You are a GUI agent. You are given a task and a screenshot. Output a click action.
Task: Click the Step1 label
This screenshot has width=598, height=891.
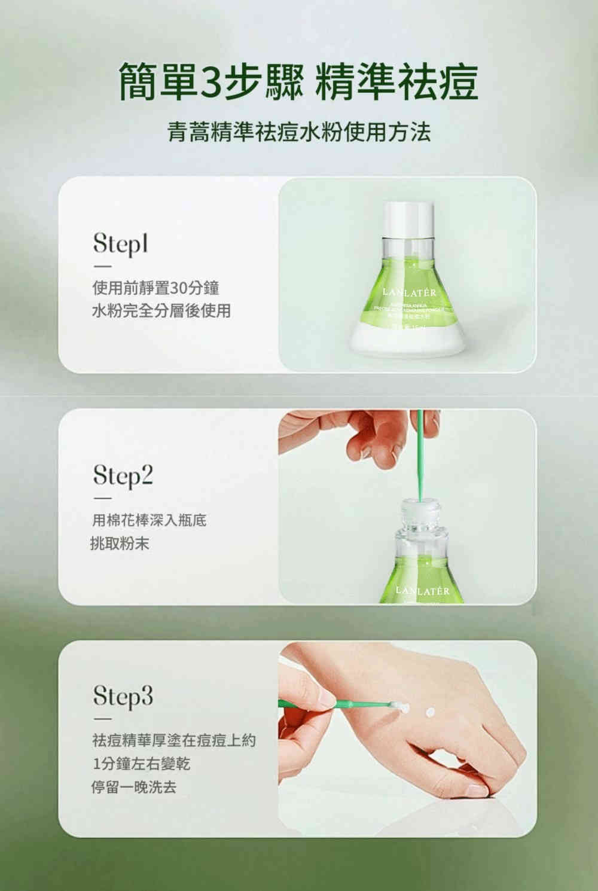point(120,244)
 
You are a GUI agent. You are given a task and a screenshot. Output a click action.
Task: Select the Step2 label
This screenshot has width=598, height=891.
point(123,476)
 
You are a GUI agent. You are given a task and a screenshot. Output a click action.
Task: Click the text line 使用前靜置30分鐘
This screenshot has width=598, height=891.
point(155,288)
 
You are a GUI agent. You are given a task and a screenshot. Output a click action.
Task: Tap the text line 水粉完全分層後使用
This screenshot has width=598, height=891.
point(161,310)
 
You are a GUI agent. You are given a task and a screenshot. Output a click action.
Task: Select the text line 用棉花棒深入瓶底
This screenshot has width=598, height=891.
point(149,520)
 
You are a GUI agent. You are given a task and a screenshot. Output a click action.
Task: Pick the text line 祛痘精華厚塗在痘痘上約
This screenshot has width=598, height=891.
point(173,740)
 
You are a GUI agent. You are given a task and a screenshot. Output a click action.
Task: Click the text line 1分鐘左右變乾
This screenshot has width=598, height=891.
point(141,764)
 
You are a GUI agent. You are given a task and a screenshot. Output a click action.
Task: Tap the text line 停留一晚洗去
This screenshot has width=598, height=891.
point(133,787)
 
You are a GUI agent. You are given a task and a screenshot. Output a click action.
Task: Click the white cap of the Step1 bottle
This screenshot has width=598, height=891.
point(408,218)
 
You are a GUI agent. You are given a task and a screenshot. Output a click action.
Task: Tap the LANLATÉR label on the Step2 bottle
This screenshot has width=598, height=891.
point(422,591)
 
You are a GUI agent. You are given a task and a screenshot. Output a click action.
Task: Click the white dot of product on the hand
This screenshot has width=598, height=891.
point(429,712)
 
